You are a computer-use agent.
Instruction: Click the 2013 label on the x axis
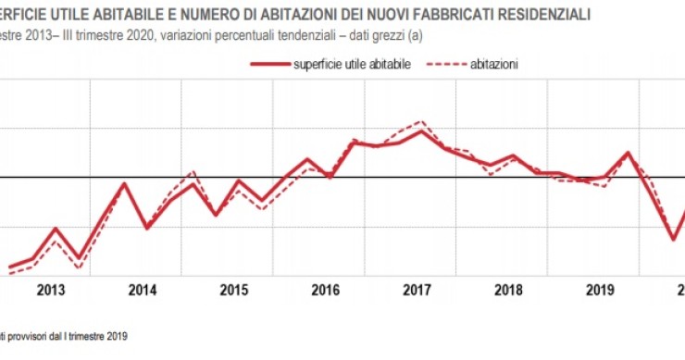pyautogui.click(x=50, y=290)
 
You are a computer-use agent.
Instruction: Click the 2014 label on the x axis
pyautogui.click(x=142, y=290)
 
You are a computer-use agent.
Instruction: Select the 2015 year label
pyautogui.click(x=233, y=290)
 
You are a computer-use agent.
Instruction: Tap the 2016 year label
pyautogui.click(x=325, y=290)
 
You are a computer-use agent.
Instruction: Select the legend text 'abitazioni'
pyautogui.click(x=493, y=64)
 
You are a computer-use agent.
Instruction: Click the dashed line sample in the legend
pyautogui.click(x=445, y=64)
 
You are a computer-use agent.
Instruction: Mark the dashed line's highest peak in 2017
pyautogui.click(x=422, y=121)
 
